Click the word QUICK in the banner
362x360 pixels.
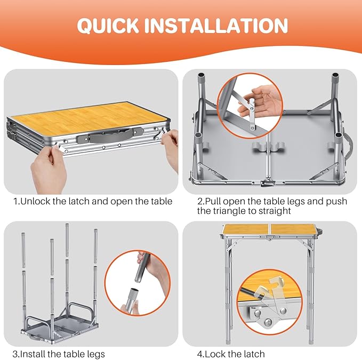108,26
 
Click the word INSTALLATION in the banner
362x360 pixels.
216,25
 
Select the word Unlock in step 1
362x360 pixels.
36,201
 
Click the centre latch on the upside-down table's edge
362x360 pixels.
268,182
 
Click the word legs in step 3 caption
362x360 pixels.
96,354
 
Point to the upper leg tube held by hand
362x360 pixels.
142,267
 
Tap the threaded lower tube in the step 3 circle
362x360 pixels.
131,300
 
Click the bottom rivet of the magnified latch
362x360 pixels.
268,322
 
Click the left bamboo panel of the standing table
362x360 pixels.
246,229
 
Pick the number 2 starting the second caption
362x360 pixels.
200,202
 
